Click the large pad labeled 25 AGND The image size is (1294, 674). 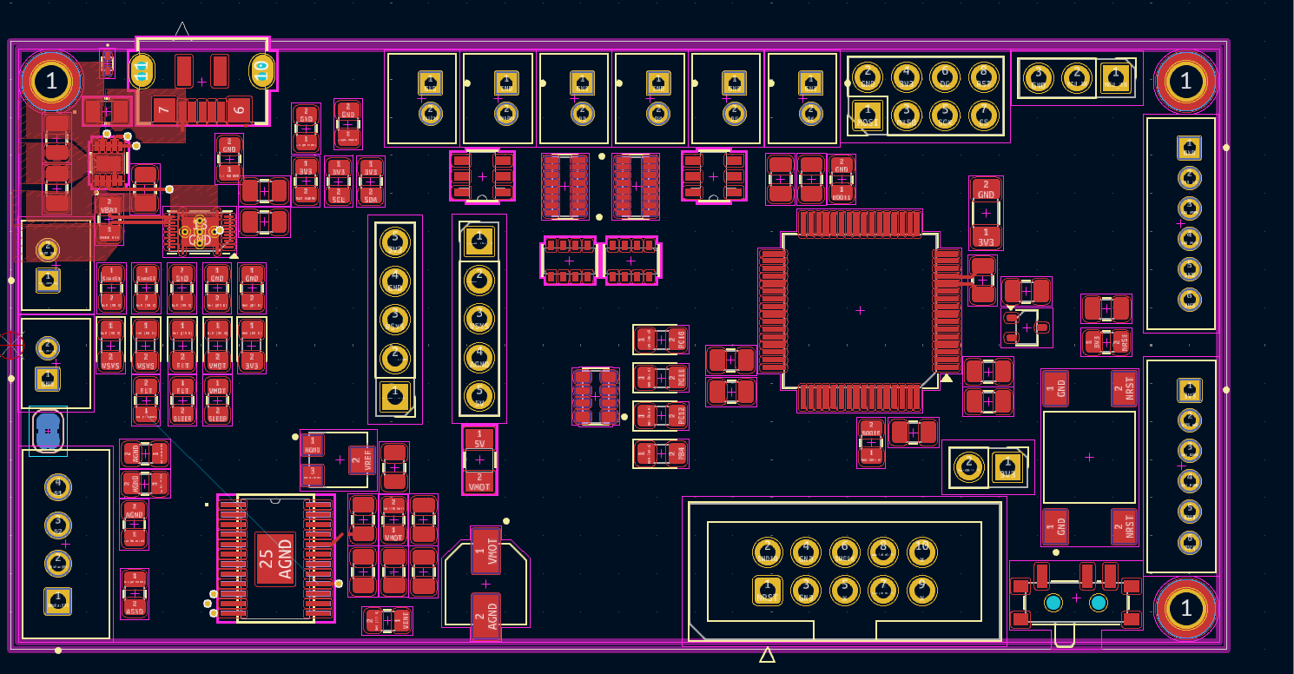click(x=275, y=558)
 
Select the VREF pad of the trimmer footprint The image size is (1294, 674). click(x=361, y=460)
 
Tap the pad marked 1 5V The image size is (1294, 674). click(x=479, y=439)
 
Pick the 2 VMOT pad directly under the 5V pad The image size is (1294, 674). click(x=479, y=481)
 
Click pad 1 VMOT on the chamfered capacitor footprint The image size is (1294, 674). click(x=485, y=550)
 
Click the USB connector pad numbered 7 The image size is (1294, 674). click(x=165, y=109)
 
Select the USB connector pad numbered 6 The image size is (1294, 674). click(x=239, y=109)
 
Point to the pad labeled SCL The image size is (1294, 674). click(x=339, y=195)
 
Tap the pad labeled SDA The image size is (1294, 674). click(x=371, y=195)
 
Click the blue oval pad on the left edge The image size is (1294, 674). click(x=48, y=430)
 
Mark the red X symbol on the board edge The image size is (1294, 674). click(x=11, y=345)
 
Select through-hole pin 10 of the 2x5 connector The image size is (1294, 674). click(x=922, y=552)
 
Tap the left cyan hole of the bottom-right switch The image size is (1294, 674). click(x=1053, y=603)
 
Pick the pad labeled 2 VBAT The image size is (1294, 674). click(x=109, y=206)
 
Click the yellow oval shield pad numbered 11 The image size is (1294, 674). click(x=142, y=71)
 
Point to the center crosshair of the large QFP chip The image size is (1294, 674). click(x=860, y=310)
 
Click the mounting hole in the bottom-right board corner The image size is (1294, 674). click(x=1185, y=610)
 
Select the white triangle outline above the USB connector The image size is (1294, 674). click(x=182, y=31)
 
